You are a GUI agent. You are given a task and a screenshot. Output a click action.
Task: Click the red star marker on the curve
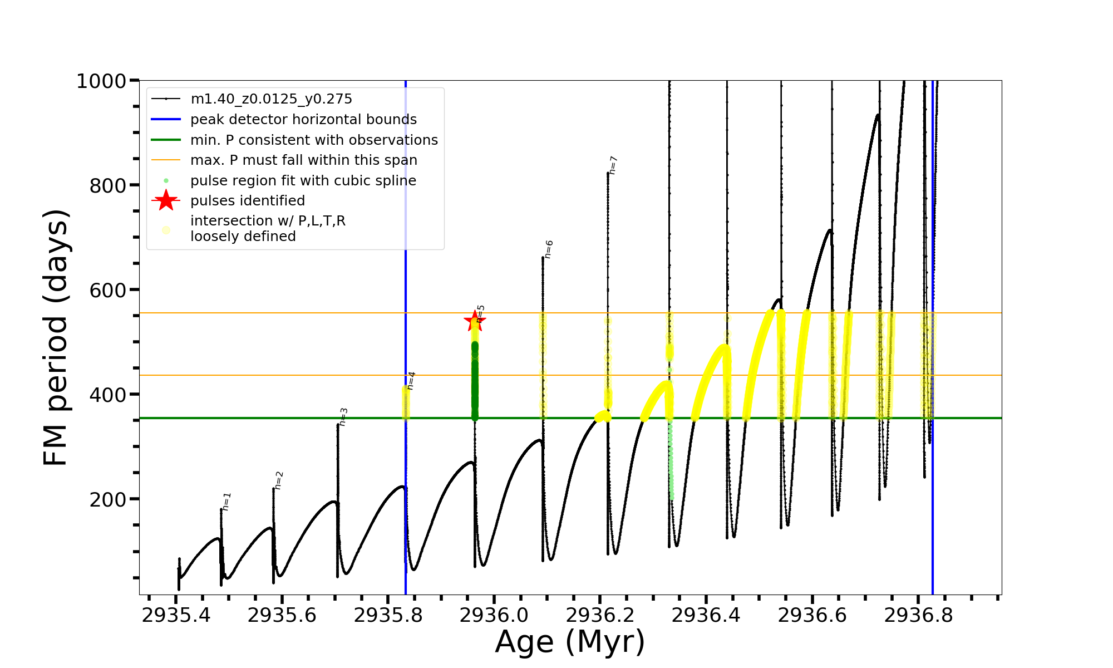475,321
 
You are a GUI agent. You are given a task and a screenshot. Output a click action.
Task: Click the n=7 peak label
613,165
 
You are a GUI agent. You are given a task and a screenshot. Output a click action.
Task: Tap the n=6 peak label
549,249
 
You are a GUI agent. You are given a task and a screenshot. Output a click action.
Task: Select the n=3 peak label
343,417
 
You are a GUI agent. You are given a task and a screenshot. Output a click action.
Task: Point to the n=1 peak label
226,502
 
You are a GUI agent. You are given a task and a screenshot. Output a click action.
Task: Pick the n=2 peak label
279,480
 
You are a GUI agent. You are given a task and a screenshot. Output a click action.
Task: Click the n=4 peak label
411,381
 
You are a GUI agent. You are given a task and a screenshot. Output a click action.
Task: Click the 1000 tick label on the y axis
101,81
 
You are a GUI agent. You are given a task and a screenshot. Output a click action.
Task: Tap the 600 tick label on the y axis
108,290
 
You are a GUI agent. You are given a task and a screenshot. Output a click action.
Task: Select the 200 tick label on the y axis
108,499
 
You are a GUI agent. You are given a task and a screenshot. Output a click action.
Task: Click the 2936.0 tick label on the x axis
494,615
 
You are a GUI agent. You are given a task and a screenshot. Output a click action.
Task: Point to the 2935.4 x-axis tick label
176,615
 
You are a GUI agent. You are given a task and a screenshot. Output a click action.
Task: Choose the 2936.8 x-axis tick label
918,615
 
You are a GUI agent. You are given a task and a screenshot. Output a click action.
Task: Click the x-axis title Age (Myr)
570,642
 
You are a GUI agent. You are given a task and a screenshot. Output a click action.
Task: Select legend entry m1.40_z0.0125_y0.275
271,99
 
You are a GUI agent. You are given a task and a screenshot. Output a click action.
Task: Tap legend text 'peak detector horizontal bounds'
303,120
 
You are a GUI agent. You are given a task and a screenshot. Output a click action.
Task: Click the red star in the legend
166,200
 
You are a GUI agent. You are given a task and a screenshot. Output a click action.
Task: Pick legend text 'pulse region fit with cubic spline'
303,181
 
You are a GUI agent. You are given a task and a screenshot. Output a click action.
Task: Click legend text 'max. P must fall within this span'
303,160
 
